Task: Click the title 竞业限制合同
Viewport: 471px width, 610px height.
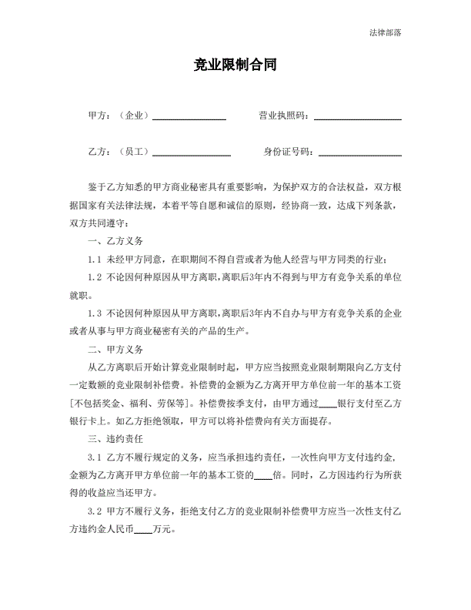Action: tap(235, 65)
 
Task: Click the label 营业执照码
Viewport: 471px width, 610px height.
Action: tap(282, 116)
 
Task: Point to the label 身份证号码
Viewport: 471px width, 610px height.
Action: tap(287, 152)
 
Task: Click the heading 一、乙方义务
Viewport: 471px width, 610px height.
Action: tap(115, 242)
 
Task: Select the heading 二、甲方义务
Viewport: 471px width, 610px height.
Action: tap(115, 349)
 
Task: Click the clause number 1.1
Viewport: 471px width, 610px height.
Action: tap(95, 260)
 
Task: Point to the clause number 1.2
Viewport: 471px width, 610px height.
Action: tap(95, 277)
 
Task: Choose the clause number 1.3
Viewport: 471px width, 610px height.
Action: tap(95, 313)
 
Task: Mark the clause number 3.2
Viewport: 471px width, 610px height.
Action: tap(95, 511)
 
